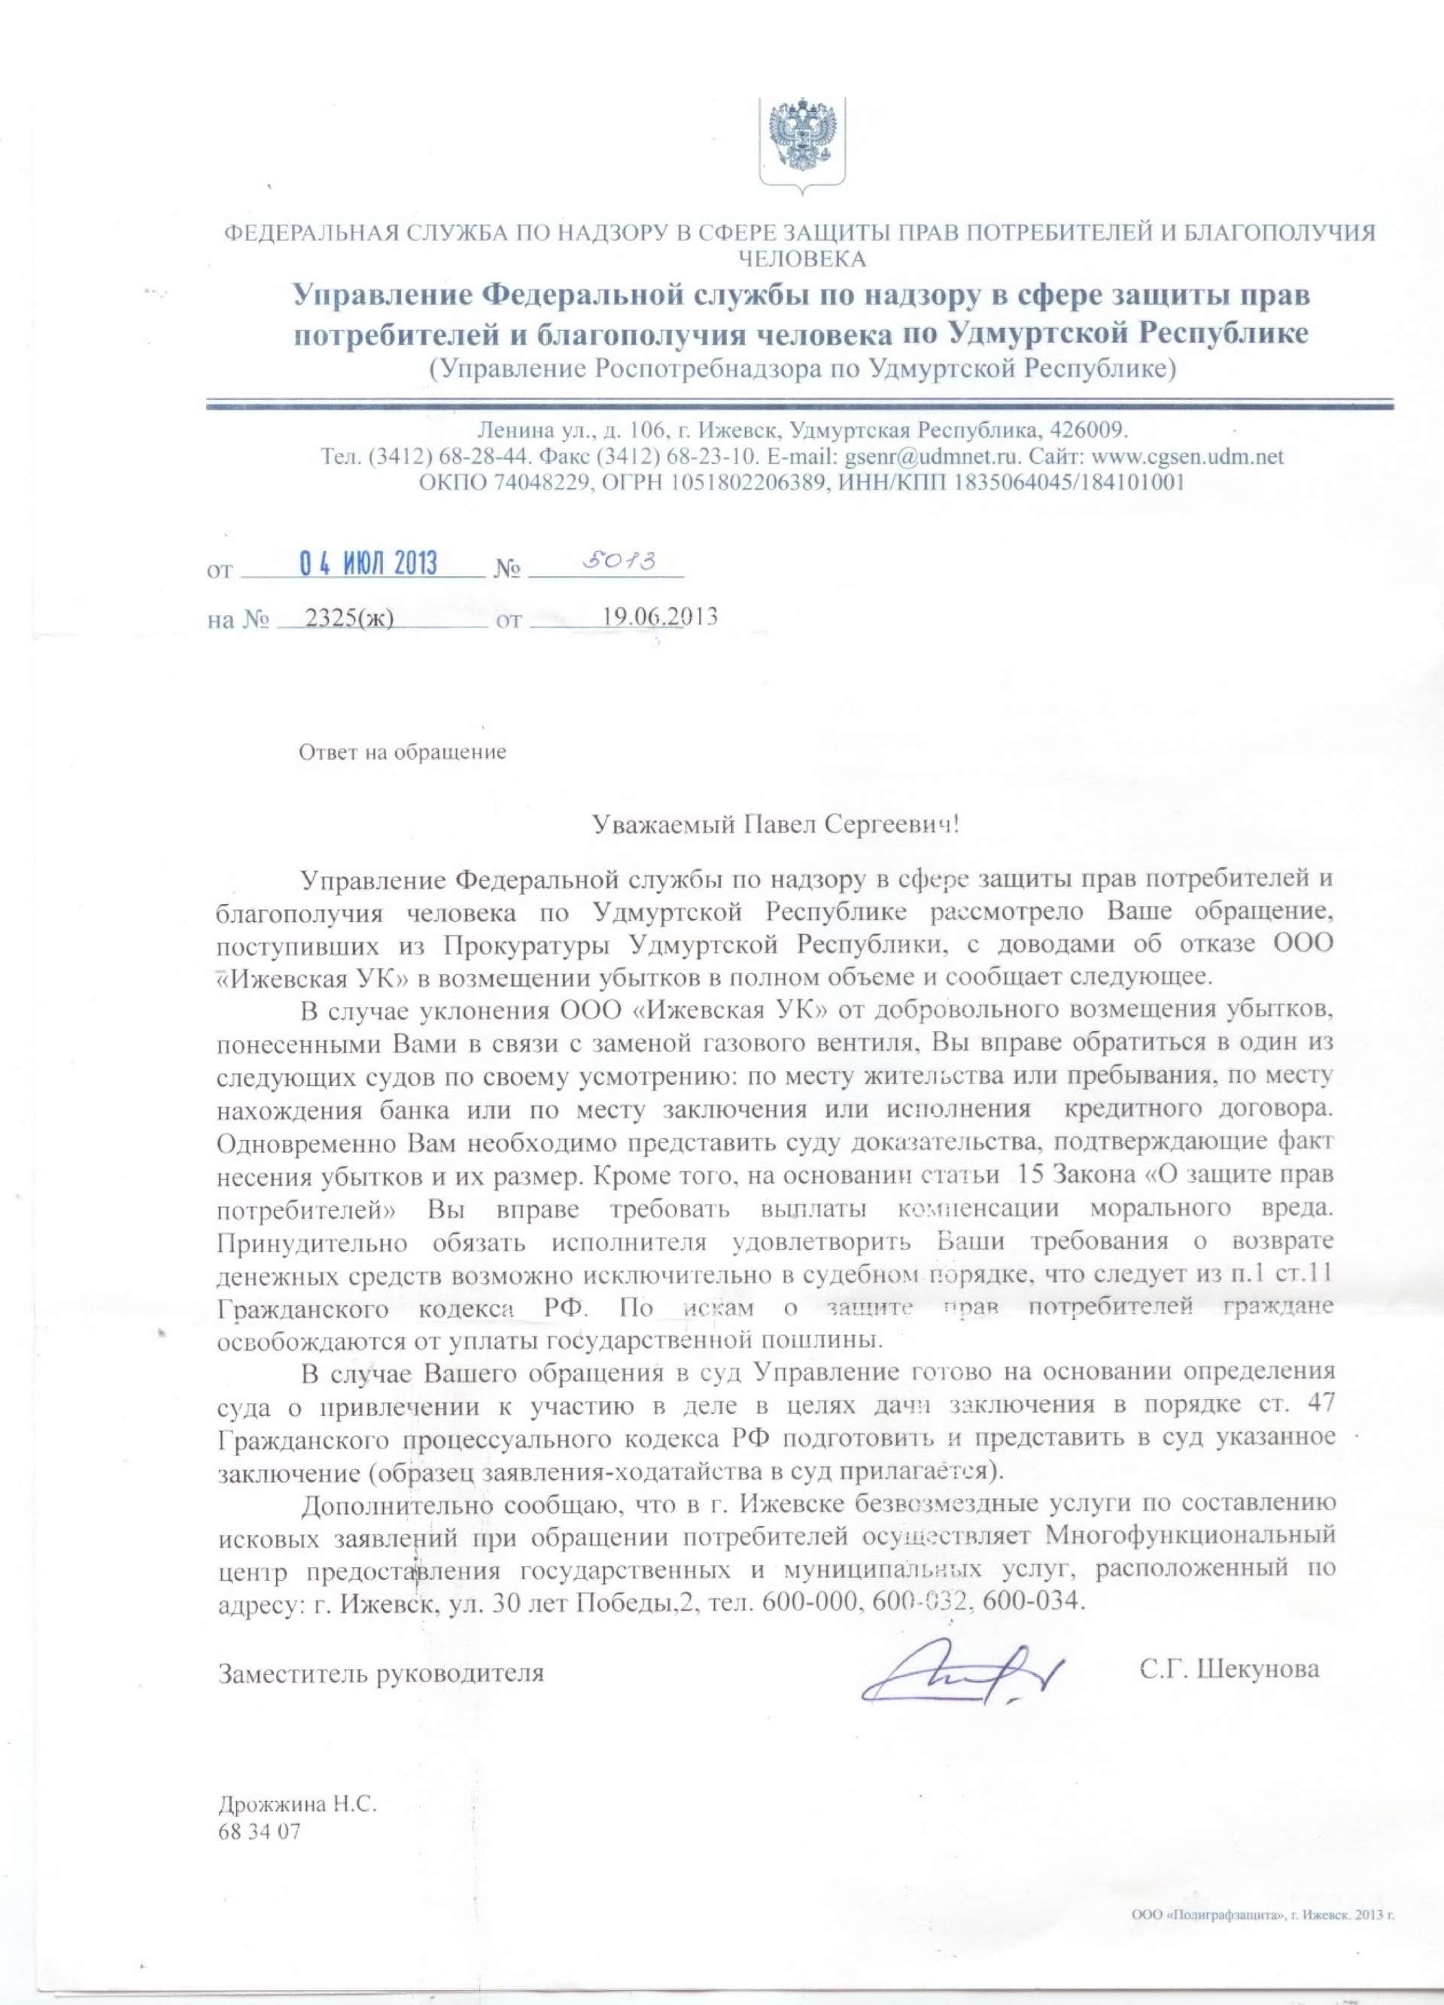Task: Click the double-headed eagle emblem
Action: [x=802, y=139]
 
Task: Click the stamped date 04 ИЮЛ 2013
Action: [x=369, y=564]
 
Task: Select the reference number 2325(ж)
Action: [x=348, y=617]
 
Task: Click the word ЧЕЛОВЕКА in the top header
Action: [x=802, y=259]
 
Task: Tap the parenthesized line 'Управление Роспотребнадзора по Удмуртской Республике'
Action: [x=802, y=369]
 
